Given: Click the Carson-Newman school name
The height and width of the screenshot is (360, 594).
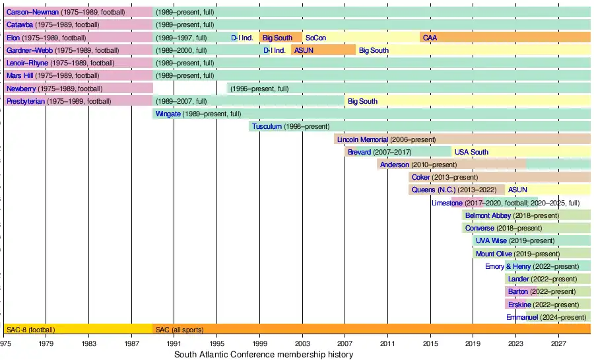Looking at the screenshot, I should click(x=32, y=13).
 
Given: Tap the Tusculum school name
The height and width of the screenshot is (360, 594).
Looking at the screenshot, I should click(x=267, y=127).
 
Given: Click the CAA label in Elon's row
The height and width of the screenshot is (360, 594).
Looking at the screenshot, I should click(x=430, y=38).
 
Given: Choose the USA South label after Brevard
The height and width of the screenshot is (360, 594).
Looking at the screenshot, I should click(x=471, y=152).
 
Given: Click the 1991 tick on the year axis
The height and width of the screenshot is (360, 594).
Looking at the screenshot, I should click(x=174, y=343).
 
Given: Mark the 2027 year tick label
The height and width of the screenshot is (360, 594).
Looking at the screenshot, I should click(x=559, y=343).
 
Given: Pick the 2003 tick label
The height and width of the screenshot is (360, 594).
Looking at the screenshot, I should click(x=302, y=343).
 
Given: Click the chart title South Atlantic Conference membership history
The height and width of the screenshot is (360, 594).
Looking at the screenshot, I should click(x=263, y=355).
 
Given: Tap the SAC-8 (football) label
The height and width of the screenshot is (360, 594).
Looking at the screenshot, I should click(x=30, y=330).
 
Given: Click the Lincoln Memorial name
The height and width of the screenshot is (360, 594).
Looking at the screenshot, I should click(x=362, y=139).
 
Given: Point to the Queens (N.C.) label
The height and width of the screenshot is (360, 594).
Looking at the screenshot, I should click(x=433, y=190).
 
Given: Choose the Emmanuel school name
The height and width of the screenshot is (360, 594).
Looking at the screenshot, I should click(x=522, y=317).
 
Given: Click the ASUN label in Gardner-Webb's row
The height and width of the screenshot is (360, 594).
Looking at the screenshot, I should click(x=304, y=50).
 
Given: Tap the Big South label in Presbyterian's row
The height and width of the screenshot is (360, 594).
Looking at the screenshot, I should click(x=362, y=101).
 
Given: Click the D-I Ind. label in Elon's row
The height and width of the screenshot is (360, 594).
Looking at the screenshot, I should click(x=242, y=38).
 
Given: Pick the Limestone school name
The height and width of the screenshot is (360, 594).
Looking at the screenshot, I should click(x=447, y=203).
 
